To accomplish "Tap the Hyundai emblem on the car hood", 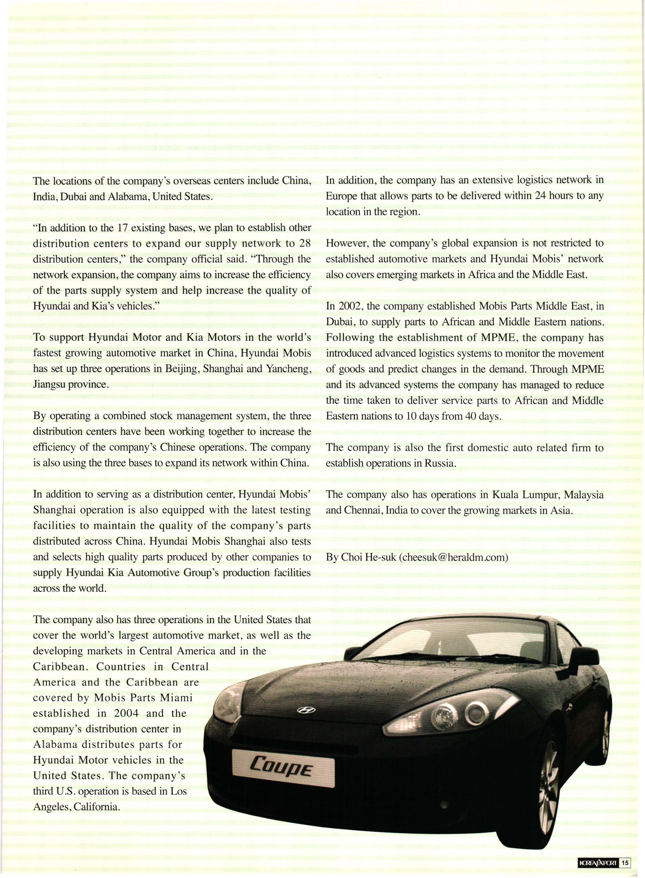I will pos(305,710).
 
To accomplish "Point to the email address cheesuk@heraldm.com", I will pos(454,557).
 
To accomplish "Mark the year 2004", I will pos(127,713).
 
